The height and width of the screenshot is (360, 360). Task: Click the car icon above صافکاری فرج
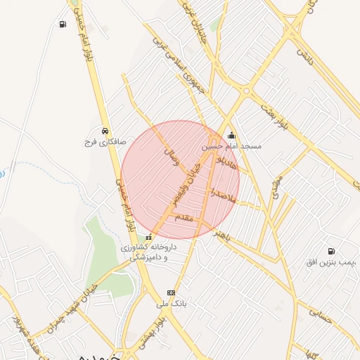[x=105, y=131]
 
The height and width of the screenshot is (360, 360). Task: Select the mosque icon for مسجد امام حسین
[x=231, y=137]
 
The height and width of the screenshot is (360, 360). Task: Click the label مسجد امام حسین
[x=231, y=147]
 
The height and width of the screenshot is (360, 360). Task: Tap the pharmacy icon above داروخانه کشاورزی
[x=148, y=238]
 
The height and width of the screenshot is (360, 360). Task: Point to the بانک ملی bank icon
[x=171, y=293]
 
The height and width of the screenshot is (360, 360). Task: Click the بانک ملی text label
[x=171, y=304]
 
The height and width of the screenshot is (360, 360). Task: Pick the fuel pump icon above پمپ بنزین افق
[x=330, y=251]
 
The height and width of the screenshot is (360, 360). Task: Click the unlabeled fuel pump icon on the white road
[x=63, y=25]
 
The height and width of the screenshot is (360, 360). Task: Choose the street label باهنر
[x=224, y=233]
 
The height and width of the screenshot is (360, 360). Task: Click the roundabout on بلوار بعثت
[x=245, y=91]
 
